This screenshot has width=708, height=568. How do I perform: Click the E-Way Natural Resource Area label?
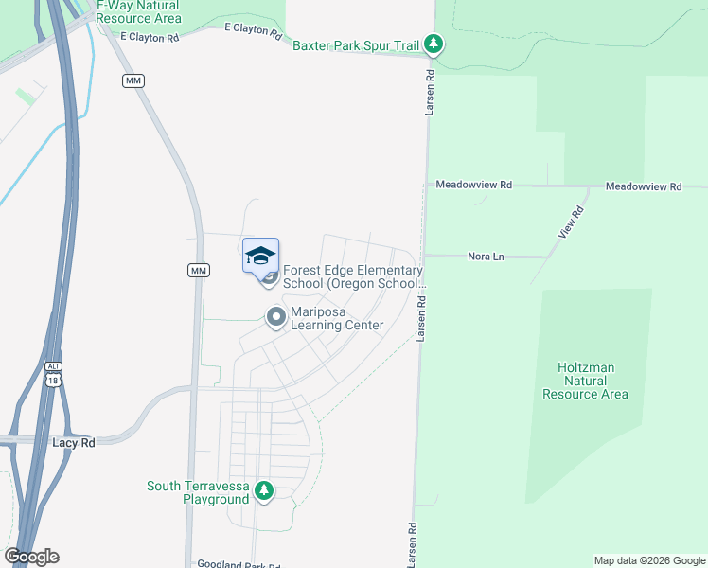(x=139, y=11)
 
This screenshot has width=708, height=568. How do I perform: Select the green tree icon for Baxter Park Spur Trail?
(x=434, y=44)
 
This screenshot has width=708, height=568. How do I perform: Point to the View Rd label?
(x=570, y=222)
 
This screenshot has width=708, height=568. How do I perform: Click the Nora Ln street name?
(x=484, y=257)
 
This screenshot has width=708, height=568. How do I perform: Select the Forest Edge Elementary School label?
(x=353, y=276)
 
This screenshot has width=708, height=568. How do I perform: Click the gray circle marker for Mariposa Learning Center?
(x=276, y=317)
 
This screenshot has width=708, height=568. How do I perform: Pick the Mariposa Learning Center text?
(x=337, y=318)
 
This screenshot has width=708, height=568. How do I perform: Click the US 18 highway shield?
(x=53, y=379)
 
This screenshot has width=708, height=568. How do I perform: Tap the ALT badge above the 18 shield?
(x=53, y=365)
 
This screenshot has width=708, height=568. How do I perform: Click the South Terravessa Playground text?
(x=197, y=492)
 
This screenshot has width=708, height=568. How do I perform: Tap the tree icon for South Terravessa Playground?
(x=264, y=490)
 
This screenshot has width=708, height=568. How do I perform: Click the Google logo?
(x=31, y=557)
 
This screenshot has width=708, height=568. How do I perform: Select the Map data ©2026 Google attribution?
(x=648, y=560)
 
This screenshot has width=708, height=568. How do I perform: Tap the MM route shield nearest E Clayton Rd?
(x=133, y=81)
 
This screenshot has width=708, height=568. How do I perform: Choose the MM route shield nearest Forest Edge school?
(x=198, y=271)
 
